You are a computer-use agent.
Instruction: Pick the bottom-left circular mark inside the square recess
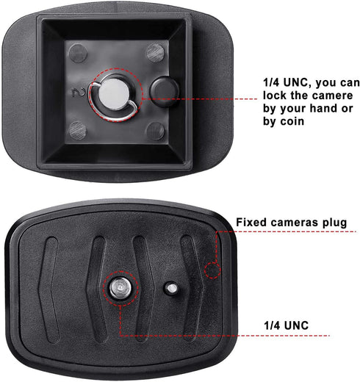point(77,130)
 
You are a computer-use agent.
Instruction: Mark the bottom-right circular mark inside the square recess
point(154,131)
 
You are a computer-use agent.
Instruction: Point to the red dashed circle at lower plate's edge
point(213,269)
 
